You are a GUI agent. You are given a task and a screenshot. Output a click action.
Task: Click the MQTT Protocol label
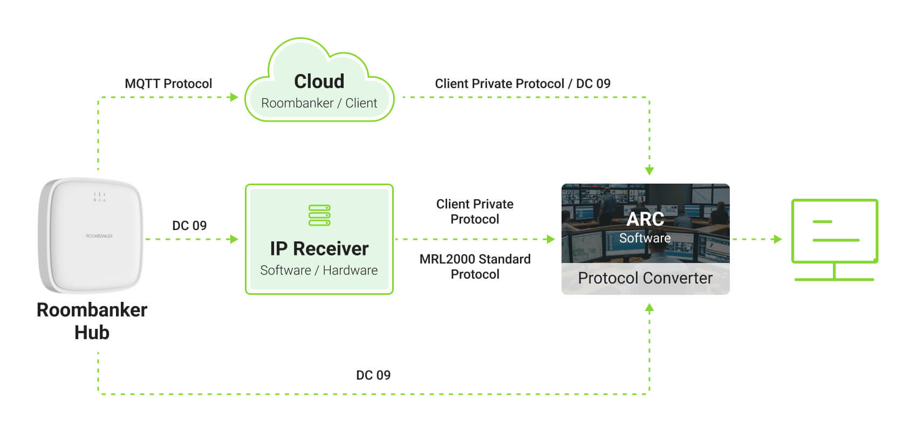tap(168, 84)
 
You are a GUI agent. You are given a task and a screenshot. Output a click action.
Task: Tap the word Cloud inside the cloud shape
tap(319, 82)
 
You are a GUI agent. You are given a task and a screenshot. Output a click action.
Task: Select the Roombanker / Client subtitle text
tap(319, 103)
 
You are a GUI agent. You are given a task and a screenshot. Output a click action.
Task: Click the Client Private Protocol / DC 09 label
tap(522, 84)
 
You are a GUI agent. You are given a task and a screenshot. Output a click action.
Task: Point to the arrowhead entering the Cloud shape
tap(234, 97)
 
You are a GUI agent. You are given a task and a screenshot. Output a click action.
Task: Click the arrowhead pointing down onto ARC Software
tap(649, 171)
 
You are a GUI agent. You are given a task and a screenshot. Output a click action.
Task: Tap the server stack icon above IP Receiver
tap(319, 215)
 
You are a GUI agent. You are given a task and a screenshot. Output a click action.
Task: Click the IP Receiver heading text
tap(319, 249)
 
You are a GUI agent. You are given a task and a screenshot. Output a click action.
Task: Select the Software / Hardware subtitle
tap(319, 271)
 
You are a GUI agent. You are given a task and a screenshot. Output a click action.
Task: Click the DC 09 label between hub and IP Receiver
tap(189, 226)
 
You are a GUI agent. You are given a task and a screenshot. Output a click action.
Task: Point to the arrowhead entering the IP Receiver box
tap(234, 239)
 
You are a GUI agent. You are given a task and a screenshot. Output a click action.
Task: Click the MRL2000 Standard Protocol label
tap(475, 267)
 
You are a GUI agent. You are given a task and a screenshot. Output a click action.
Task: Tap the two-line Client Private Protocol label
tap(475, 212)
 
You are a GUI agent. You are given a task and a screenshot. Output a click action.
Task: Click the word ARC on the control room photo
tap(645, 219)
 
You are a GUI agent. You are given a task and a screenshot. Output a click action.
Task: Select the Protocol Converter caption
tap(645, 278)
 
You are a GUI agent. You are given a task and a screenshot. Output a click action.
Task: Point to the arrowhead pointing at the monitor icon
tap(778, 239)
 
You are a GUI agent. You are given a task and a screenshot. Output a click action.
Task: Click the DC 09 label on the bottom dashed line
tap(373, 375)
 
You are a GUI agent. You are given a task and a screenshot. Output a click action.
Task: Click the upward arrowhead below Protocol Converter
tap(649, 308)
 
